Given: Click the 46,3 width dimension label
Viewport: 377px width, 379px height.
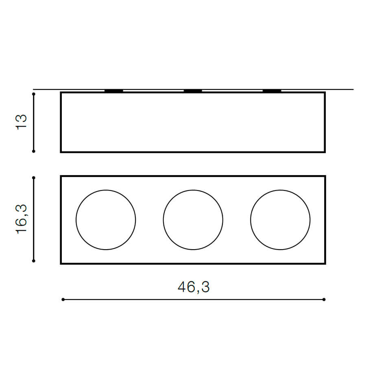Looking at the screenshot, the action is [x=194, y=287].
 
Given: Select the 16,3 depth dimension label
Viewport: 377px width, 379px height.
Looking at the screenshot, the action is [x=21, y=219].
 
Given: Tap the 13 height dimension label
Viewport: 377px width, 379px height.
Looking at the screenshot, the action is [x=21, y=122].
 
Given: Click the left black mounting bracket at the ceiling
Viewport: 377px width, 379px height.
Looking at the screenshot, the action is [x=114, y=91].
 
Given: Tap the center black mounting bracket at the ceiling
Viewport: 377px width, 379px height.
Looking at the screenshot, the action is [x=193, y=91].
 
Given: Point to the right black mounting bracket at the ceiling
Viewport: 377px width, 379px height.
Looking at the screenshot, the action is [x=272, y=91].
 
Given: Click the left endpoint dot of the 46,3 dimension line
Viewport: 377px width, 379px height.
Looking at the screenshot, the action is [x=63, y=300].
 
